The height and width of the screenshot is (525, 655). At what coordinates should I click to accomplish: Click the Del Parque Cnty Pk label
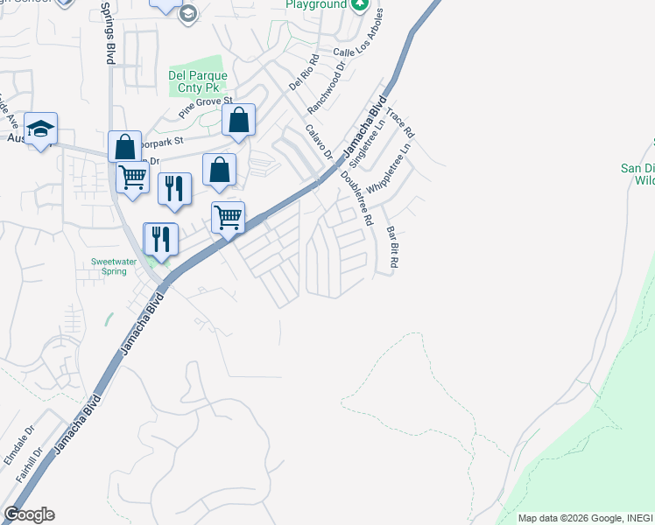[198, 82]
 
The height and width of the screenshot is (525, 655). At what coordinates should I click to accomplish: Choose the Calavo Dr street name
[320, 142]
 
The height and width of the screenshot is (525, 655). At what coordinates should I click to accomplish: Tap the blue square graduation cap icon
[40, 129]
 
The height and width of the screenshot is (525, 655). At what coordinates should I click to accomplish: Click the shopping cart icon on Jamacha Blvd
[229, 217]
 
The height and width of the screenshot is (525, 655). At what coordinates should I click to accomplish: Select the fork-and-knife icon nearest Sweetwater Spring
[161, 238]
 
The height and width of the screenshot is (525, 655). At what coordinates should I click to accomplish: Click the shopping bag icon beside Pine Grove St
[238, 121]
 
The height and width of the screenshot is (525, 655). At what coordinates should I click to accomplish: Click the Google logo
[29, 514]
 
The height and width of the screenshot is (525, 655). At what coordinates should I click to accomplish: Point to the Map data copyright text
[584, 518]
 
